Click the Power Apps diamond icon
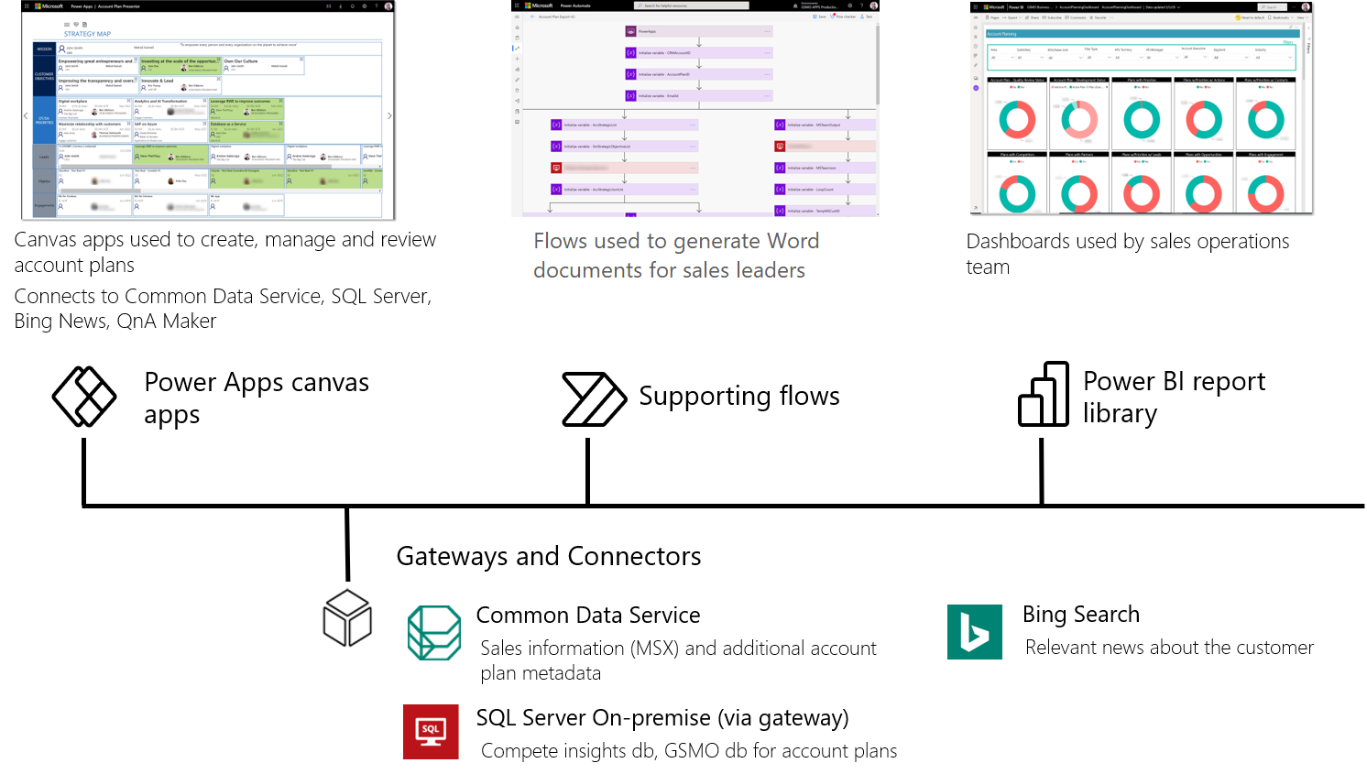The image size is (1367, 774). tap(84, 397)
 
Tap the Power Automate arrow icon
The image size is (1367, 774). tap(594, 399)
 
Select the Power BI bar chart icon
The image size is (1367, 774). tap(1044, 395)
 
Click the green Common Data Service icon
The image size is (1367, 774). tap(434, 633)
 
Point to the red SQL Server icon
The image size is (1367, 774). tap(431, 732)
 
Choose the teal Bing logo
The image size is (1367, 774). tap(974, 632)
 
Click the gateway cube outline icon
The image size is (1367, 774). tap(347, 618)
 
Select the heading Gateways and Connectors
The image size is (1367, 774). tap(548, 556)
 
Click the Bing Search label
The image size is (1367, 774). tap(1080, 614)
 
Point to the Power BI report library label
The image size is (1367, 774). tap(1174, 398)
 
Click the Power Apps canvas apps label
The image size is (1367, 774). tap(256, 398)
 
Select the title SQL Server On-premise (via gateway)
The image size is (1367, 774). tap(662, 717)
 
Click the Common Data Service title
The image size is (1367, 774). tap(587, 615)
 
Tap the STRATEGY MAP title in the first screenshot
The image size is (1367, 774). tap(87, 34)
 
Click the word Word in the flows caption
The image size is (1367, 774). tap(793, 241)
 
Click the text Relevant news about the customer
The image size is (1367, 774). tap(1169, 648)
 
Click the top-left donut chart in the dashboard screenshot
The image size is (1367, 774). tap(1017, 120)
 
